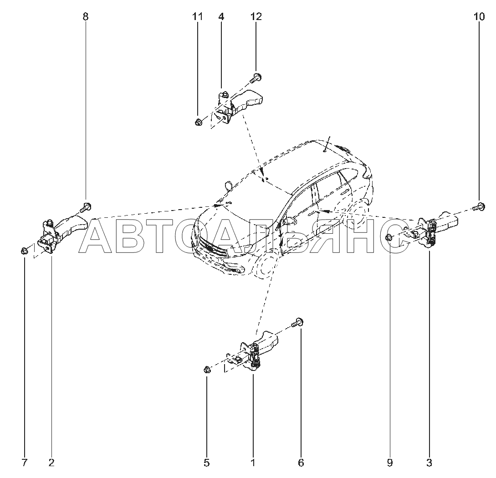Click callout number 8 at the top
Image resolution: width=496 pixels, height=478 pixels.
(x=86, y=17)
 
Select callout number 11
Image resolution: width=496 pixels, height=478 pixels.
(x=197, y=17)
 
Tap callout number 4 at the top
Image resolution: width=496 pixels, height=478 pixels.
(x=221, y=17)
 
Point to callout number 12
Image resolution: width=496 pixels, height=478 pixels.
(x=256, y=17)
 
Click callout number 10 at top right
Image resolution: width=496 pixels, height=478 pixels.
(x=479, y=17)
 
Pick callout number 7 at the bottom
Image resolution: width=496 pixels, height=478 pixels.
(x=25, y=463)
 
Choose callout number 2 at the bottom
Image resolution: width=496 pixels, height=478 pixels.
(x=51, y=463)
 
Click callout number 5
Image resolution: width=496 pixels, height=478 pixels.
(x=206, y=463)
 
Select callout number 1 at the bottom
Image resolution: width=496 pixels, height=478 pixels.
(x=253, y=463)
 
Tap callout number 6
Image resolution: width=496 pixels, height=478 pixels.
(x=301, y=463)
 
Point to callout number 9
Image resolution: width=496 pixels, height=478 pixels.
(x=390, y=463)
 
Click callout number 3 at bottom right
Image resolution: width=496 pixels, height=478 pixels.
(x=429, y=463)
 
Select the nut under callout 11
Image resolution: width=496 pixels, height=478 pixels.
(x=198, y=122)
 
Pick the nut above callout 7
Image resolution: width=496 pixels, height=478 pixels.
(x=25, y=250)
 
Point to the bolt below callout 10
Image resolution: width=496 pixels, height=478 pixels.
(x=478, y=207)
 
